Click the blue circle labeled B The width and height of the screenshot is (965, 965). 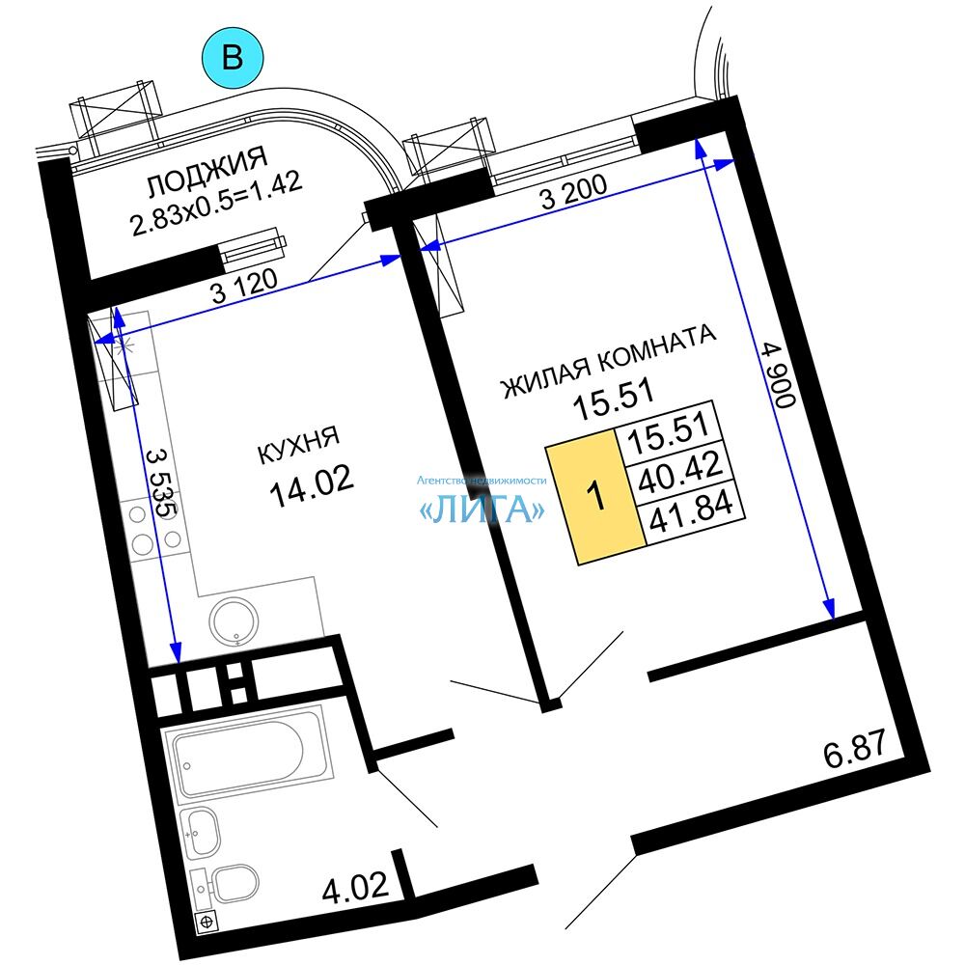pyautogui.click(x=233, y=58)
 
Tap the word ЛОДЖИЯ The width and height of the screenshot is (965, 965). pyautogui.click(x=207, y=172)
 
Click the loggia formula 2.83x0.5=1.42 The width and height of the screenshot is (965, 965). pyautogui.click(x=216, y=203)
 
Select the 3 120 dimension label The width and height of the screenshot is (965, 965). pyautogui.click(x=244, y=287)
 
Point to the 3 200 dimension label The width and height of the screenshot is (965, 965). pyautogui.click(x=573, y=192)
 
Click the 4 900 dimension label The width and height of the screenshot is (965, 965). pyautogui.click(x=779, y=374)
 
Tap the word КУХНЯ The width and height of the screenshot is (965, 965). pyautogui.click(x=298, y=445)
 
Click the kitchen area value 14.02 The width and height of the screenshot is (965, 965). pyautogui.click(x=312, y=485)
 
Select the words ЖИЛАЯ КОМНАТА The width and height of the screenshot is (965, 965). pyautogui.click(x=609, y=361)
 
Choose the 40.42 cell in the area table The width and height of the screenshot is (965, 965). pyautogui.click(x=679, y=473)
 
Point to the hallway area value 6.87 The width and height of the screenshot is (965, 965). pyautogui.click(x=854, y=749)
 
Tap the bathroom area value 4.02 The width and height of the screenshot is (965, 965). pyautogui.click(x=355, y=888)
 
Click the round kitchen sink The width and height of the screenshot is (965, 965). pyautogui.click(x=234, y=620)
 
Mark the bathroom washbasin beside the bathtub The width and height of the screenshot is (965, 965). pyautogui.click(x=202, y=832)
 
